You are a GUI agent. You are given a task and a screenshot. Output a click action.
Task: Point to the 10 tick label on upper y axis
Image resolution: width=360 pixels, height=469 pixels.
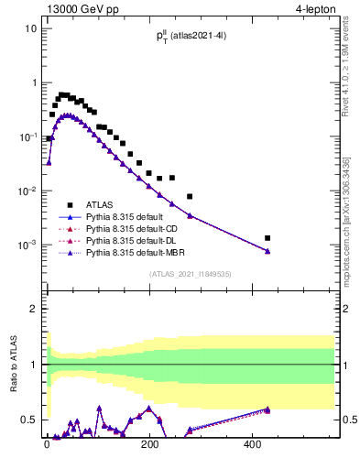point(30,28)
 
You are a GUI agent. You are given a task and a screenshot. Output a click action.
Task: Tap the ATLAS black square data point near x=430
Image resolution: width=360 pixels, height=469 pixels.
point(267,238)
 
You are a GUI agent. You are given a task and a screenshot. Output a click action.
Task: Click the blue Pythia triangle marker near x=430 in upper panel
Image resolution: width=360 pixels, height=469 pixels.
point(267,251)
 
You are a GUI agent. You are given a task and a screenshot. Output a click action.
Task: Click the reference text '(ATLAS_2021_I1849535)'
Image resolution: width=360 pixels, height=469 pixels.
point(189,273)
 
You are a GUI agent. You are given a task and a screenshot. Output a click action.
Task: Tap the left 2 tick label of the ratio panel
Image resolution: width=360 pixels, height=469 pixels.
point(32,310)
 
